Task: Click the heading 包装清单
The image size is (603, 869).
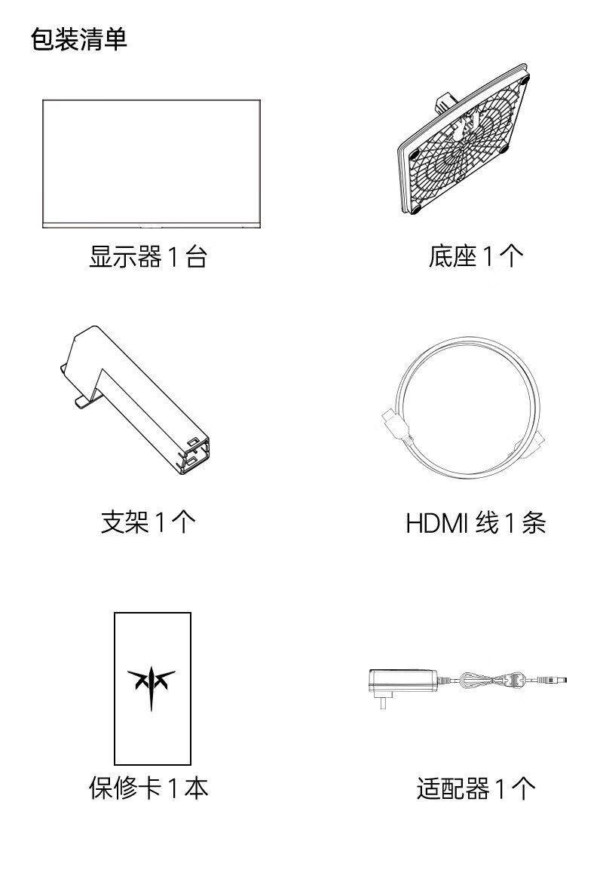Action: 79,40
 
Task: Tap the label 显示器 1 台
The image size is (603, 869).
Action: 148,258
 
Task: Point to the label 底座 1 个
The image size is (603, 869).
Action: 476,258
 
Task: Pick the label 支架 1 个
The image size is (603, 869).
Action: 148,522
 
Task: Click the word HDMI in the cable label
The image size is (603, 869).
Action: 436,522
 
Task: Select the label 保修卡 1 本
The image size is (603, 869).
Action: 148,788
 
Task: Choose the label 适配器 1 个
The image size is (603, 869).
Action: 476,788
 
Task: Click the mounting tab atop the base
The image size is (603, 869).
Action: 447,99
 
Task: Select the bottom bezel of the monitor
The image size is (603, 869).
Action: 152,224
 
